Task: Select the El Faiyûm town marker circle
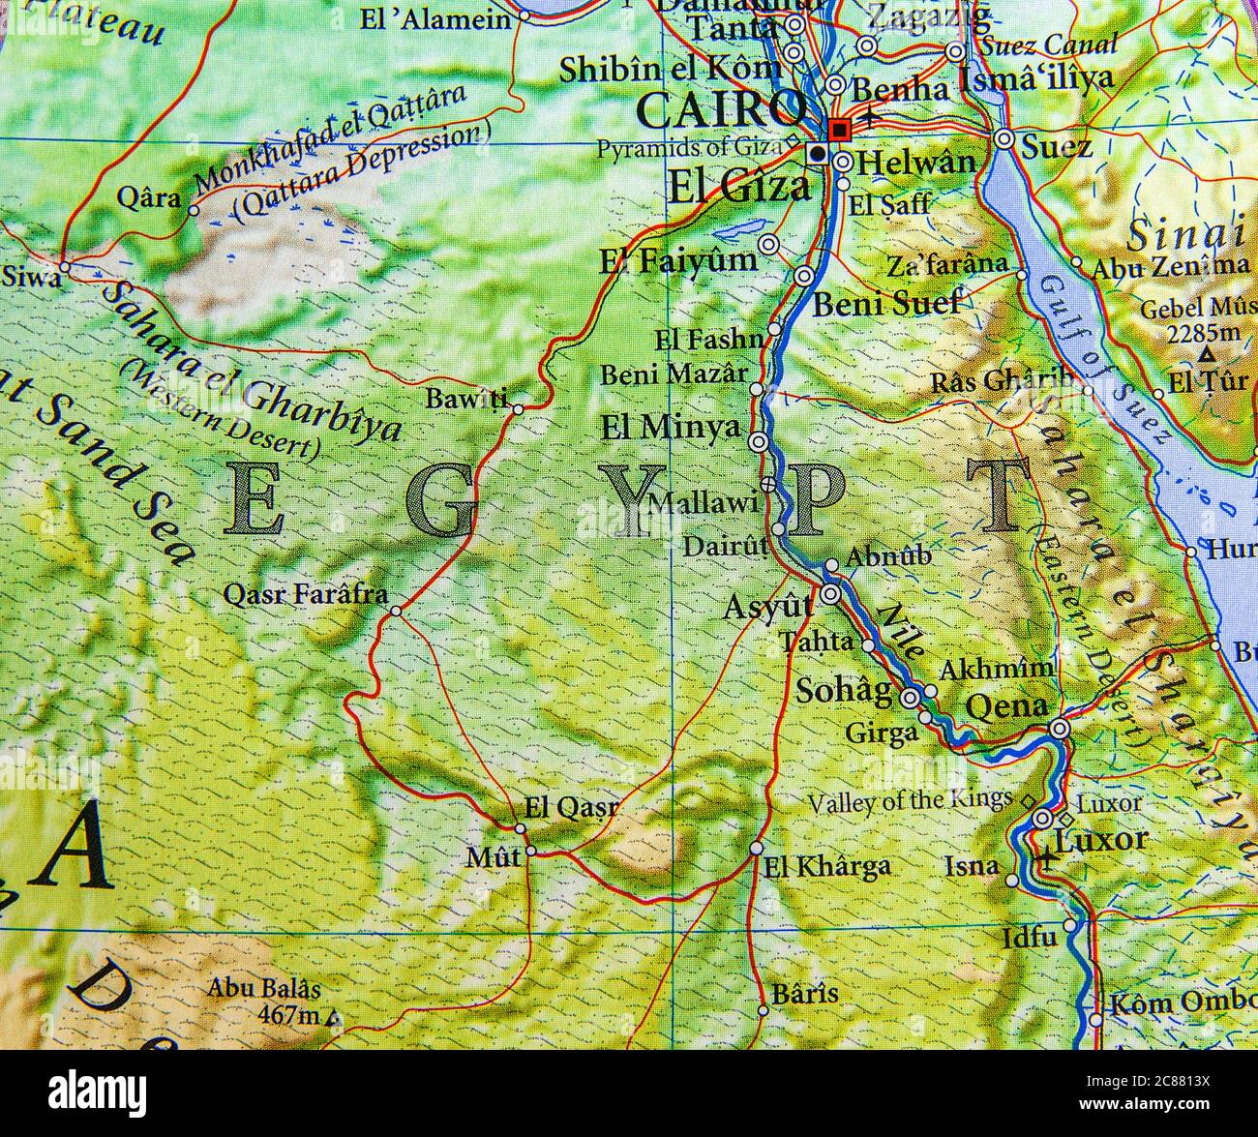pos(769,245)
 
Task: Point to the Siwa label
pos(30,277)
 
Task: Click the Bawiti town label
pos(466,398)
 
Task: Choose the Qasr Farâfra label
pos(305,594)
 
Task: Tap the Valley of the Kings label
pos(910,800)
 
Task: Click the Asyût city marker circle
pos(831,594)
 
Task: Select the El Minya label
pos(671,428)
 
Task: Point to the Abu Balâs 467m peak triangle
pos(334,1018)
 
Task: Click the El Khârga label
pos(827,866)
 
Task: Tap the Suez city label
pos(1058,147)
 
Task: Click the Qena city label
pos(1007,708)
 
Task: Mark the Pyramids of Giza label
pos(688,149)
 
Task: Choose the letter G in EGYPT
pos(440,499)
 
